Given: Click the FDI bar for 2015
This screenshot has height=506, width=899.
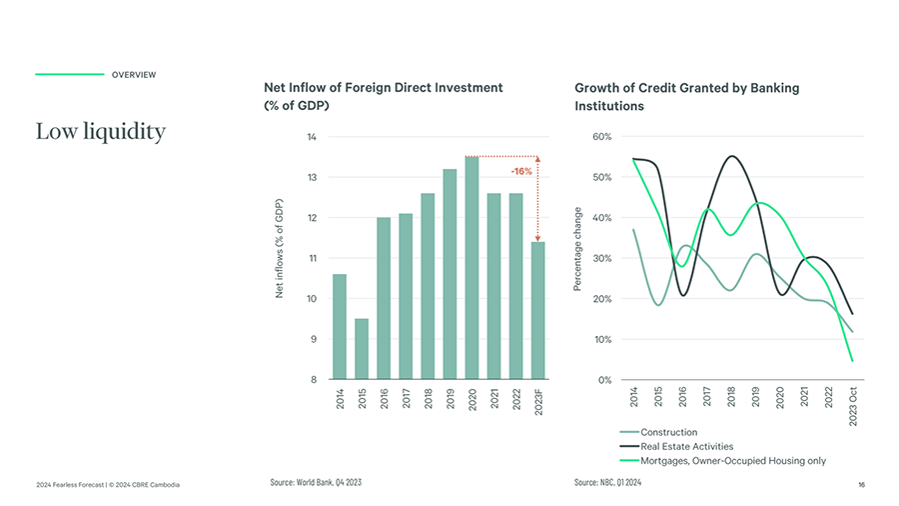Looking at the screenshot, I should [x=362, y=349].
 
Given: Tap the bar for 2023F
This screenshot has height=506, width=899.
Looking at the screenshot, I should [x=537, y=310].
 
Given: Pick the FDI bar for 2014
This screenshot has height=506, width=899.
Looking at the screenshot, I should [x=340, y=327].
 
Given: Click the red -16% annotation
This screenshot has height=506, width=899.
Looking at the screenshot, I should [x=521, y=172].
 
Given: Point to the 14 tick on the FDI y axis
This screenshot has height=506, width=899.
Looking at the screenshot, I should [x=311, y=137].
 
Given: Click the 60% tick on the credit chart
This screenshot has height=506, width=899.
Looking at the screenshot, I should [x=602, y=137].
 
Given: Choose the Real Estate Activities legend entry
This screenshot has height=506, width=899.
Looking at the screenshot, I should [x=685, y=446].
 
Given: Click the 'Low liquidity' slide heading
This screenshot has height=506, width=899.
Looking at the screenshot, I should [x=100, y=131].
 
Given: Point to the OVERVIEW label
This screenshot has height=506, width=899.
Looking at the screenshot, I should [x=133, y=75].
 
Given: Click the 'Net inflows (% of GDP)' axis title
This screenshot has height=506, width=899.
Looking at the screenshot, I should [x=281, y=248].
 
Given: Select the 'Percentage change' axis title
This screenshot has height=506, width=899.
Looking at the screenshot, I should [x=577, y=250].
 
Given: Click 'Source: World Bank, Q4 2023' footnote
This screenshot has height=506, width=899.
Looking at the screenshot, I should [x=316, y=483].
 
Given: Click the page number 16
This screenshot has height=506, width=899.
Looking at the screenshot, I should [x=860, y=485].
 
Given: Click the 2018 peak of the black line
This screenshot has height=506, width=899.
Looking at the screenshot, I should [x=732, y=156].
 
